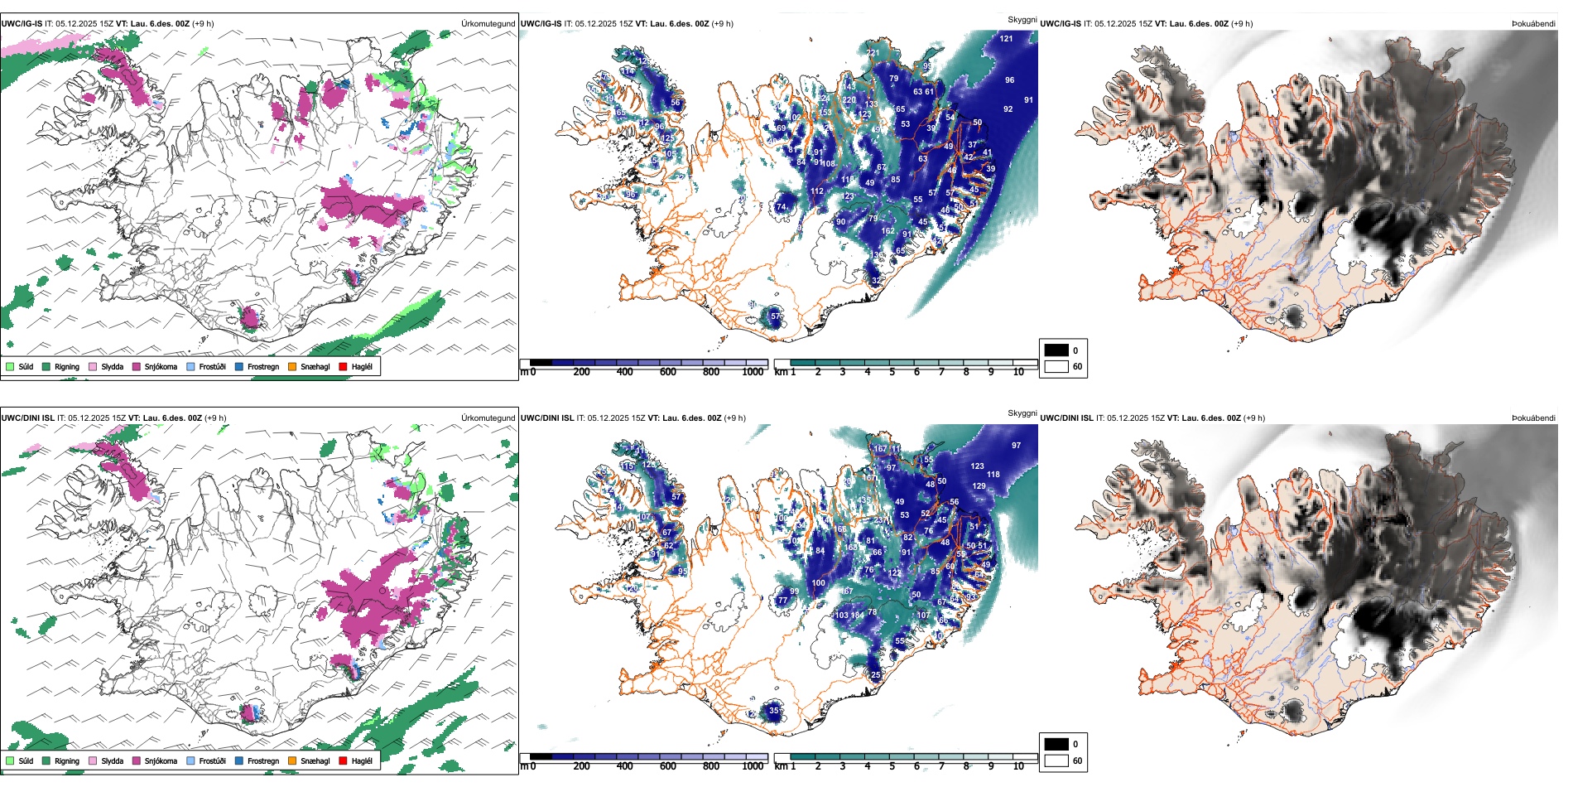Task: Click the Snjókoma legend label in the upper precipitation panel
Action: click(x=161, y=366)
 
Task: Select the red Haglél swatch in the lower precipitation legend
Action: click(x=343, y=760)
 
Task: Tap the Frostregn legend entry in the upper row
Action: click(x=262, y=366)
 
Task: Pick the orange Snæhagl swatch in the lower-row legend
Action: click(x=292, y=760)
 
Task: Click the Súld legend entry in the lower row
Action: click(x=26, y=760)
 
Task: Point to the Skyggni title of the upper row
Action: click(x=1022, y=20)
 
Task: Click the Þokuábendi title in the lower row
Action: click(x=1533, y=418)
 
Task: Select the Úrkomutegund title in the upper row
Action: click(x=488, y=23)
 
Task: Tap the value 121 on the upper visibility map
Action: click(x=1006, y=38)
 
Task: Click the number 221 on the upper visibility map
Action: click(x=873, y=52)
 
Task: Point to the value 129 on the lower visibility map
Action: click(x=979, y=486)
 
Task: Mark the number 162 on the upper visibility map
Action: click(x=888, y=231)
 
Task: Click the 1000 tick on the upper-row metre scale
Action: click(x=752, y=372)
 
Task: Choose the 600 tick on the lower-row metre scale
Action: click(x=667, y=766)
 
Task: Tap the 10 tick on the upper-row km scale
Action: click(x=1018, y=372)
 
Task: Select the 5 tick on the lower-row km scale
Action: click(x=892, y=766)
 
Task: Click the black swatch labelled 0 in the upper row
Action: click(x=1056, y=350)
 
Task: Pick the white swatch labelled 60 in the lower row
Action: click(x=1056, y=760)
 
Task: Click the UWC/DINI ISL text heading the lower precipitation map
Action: click(x=27, y=418)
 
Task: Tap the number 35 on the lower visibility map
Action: click(x=774, y=710)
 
